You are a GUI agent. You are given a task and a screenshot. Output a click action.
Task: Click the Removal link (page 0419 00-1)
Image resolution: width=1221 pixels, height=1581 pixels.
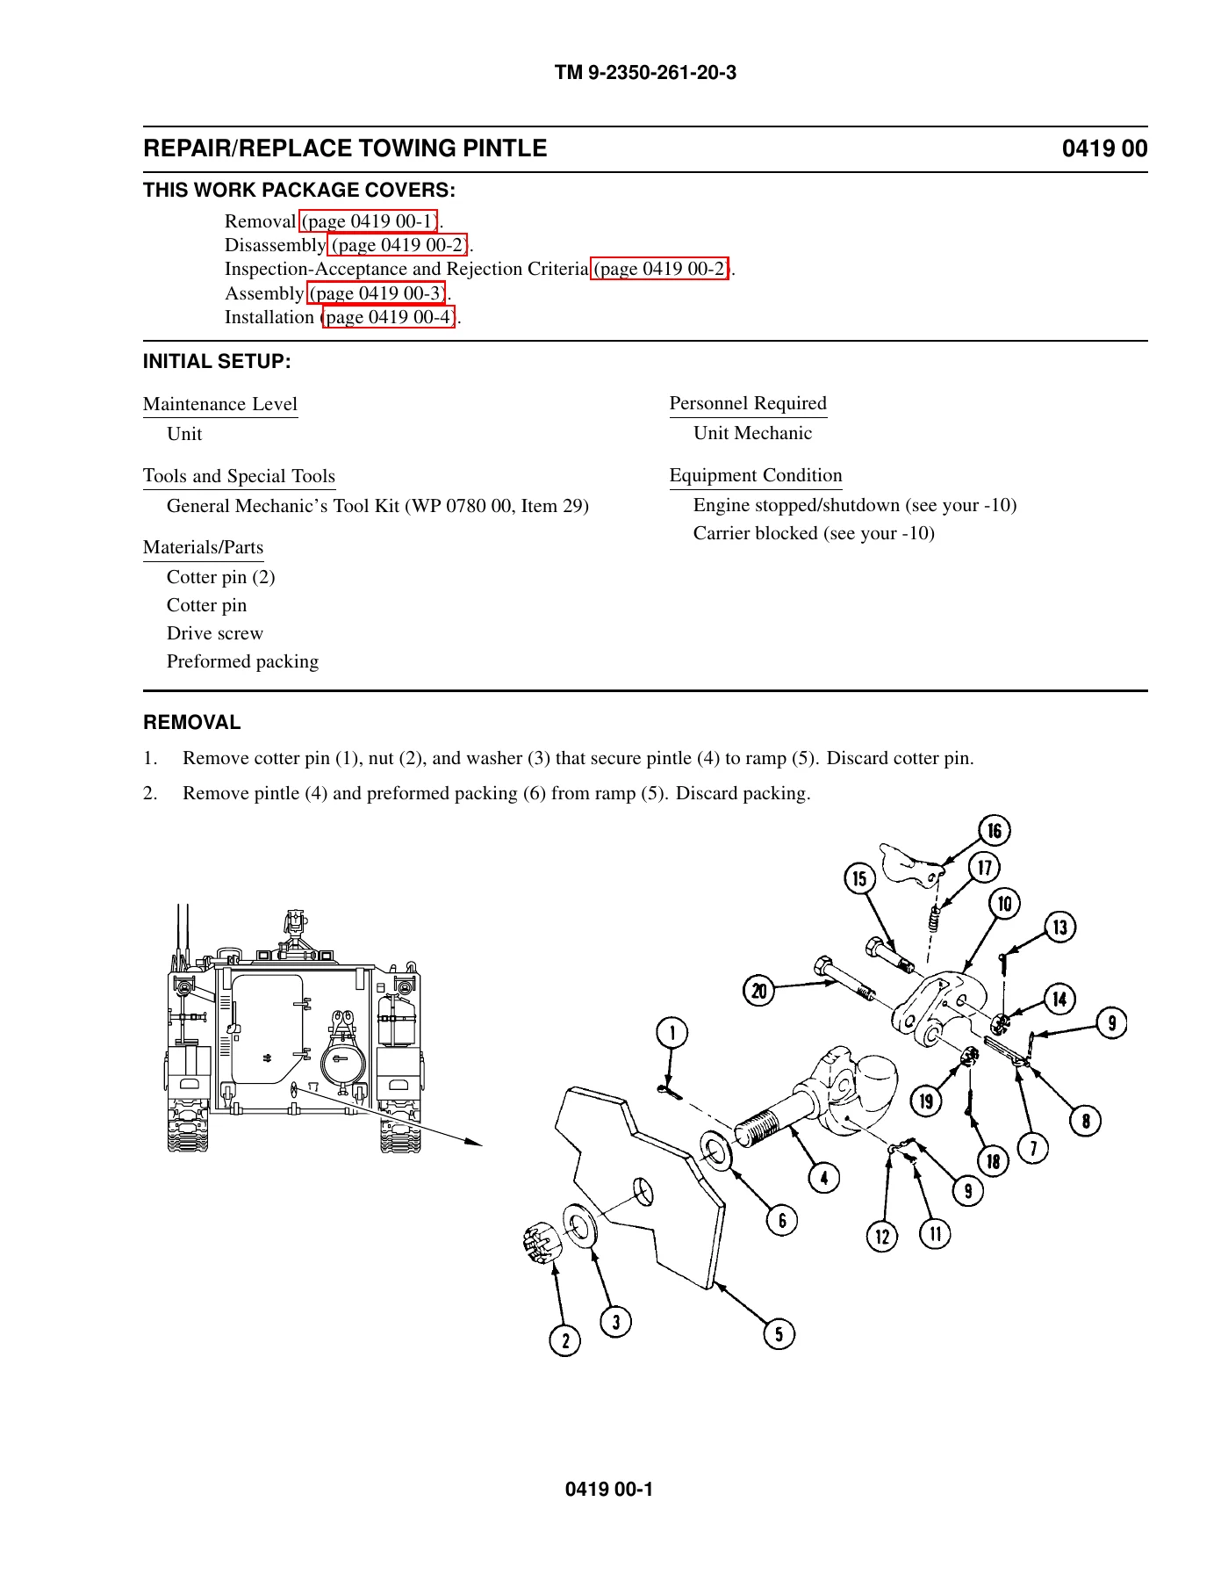(370, 220)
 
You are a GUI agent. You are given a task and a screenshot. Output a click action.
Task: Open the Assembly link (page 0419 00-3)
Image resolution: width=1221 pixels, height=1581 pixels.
(377, 292)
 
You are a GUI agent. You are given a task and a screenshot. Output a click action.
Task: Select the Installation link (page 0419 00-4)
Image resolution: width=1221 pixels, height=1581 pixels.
(389, 316)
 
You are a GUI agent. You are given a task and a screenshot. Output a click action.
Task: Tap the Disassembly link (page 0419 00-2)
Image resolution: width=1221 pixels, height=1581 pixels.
(399, 244)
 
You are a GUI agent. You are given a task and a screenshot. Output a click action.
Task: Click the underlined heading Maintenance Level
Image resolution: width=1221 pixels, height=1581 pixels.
(220, 404)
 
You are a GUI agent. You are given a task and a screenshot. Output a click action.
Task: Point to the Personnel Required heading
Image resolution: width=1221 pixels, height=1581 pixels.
(748, 403)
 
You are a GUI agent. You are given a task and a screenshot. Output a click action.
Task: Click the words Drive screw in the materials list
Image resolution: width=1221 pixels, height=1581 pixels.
(215, 633)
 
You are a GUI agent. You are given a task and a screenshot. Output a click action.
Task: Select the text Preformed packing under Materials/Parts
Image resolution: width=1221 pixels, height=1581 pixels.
(242, 661)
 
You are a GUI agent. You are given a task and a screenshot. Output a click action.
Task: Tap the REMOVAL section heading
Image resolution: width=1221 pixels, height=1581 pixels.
(192, 722)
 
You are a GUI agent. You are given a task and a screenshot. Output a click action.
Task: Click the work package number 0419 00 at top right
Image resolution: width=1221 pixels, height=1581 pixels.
(1104, 148)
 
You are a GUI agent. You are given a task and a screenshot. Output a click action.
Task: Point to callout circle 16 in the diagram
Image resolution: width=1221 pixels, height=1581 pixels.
(994, 830)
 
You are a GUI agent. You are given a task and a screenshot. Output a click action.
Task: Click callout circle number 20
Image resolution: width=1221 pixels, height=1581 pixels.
(758, 991)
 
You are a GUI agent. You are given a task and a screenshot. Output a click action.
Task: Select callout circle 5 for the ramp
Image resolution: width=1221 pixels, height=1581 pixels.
(779, 1334)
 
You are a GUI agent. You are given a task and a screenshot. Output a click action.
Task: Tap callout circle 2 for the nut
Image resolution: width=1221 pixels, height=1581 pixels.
(565, 1340)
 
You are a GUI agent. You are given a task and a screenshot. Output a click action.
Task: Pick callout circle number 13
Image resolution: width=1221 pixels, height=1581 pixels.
(1060, 927)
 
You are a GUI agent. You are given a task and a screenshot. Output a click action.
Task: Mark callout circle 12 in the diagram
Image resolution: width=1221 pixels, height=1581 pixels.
(882, 1237)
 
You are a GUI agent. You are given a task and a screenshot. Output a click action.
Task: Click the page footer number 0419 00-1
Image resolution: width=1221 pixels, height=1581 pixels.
(609, 1489)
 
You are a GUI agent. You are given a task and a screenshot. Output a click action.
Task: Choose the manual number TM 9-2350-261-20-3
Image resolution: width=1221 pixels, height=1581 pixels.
(645, 73)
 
